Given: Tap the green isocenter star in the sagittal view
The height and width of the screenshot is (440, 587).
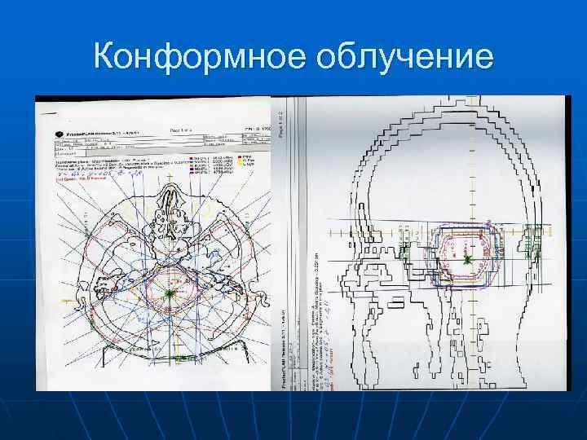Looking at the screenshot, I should click(x=467, y=260).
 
